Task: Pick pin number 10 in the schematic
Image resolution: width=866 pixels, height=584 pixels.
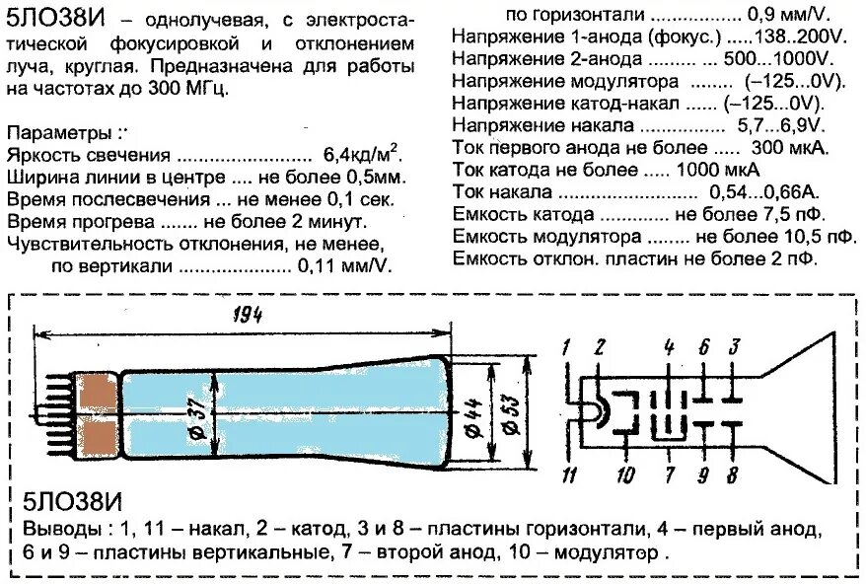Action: click(624, 476)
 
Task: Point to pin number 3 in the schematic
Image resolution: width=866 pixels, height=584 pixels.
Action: click(734, 346)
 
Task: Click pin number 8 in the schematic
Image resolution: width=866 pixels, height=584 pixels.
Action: click(732, 476)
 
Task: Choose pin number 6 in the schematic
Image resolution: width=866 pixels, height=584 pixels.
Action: click(703, 346)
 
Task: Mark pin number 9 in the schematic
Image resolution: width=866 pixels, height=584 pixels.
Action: click(702, 476)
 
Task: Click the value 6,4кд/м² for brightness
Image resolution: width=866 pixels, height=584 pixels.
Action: click(361, 156)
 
